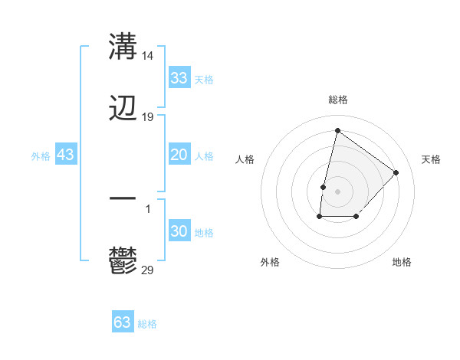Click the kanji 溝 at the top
tap(123, 47)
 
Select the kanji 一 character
tap(123, 198)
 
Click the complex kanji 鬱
tap(123, 261)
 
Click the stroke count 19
tap(148, 117)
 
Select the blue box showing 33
tap(179, 78)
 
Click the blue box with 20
tap(179, 155)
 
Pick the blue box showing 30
tap(179, 231)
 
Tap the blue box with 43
tap(66, 155)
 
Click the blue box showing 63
tap(122, 322)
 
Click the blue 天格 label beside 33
tap(204, 80)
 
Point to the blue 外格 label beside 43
tap(41, 156)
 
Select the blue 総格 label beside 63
tap(147, 324)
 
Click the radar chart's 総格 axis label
tap(338, 100)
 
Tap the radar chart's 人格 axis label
tap(245, 159)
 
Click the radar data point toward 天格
tap(396, 172)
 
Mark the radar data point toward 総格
tap(337, 130)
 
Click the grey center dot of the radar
tap(338, 191)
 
